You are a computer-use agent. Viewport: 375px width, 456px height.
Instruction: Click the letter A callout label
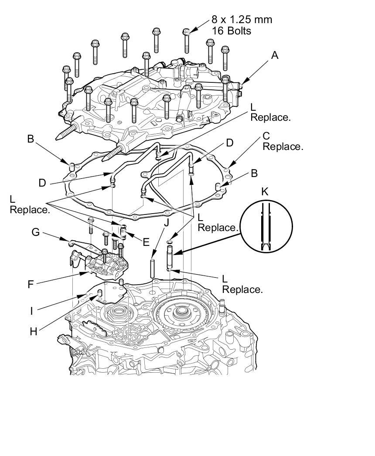pyautogui.click(x=274, y=55)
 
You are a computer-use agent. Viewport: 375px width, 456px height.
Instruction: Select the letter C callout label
pyautogui.click(x=266, y=136)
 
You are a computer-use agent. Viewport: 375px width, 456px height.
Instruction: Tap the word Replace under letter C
pyautogui.click(x=283, y=146)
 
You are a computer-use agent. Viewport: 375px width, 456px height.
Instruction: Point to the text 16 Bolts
pyautogui.click(x=231, y=31)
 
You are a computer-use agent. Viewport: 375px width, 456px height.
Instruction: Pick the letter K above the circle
pyautogui.click(x=265, y=191)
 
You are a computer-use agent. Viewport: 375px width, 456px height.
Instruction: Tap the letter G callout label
pyautogui.click(x=35, y=232)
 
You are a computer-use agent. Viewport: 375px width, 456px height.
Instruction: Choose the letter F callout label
pyautogui.click(x=31, y=285)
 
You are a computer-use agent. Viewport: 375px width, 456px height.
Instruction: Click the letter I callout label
pyautogui.click(x=31, y=311)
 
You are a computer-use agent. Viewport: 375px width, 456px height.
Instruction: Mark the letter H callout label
pyautogui.click(x=34, y=331)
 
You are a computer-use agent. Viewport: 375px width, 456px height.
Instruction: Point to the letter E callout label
pyautogui.click(x=146, y=241)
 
